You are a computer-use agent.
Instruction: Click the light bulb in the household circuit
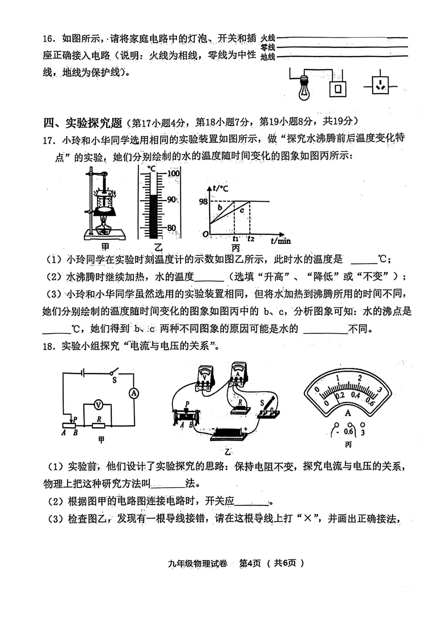click(x=305, y=87)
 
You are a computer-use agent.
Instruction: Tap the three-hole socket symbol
click(x=380, y=86)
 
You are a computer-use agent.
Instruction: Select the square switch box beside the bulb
click(x=338, y=88)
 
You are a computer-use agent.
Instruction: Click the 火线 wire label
click(x=268, y=38)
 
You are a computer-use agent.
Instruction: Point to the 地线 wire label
click(x=268, y=57)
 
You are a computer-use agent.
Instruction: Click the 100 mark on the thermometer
click(x=173, y=173)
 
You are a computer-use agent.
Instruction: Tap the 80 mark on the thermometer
click(x=172, y=228)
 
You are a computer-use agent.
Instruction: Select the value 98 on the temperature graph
click(x=203, y=202)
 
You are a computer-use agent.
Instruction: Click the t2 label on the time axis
click(x=251, y=239)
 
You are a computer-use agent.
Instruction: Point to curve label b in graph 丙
click(x=220, y=208)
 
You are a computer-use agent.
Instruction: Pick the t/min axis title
click(x=281, y=241)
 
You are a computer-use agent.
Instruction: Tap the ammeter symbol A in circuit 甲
click(x=134, y=393)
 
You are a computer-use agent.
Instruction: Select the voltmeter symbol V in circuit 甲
click(x=98, y=404)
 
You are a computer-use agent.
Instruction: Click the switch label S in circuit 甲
click(x=114, y=380)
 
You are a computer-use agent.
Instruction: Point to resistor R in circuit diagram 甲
click(x=99, y=425)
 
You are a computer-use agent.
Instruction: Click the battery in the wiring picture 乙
click(x=230, y=433)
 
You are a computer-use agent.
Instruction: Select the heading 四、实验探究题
click(x=83, y=122)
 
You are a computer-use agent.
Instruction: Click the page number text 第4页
click(x=250, y=563)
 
